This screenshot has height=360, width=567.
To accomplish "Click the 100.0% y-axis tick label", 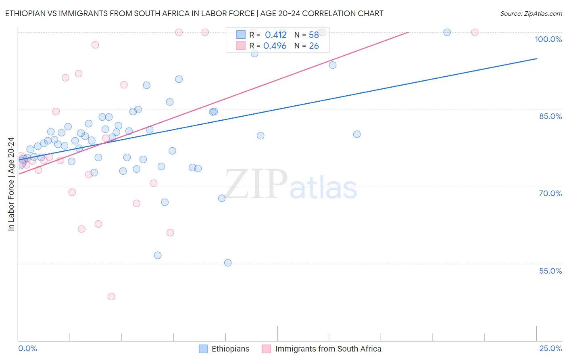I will click(x=548, y=39).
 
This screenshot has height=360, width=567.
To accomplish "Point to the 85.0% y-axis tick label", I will click(x=550, y=116).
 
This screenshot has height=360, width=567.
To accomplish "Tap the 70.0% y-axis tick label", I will click(x=550, y=193).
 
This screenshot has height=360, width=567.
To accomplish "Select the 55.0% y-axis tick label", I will click(x=550, y=271).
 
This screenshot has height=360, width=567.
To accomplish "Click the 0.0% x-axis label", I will click(x=27, y=348).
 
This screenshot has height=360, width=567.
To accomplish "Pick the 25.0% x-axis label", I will click(x=550, y=348).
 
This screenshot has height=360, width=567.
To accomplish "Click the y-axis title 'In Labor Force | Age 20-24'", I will click(x=11, y=184).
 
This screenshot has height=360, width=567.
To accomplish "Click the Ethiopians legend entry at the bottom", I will click(x=225, y=349).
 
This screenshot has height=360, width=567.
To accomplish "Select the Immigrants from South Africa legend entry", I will click(x=322, y=349).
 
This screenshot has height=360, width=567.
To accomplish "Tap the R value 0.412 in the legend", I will click(x=275, y=35).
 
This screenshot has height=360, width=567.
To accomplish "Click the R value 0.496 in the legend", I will click(x=275, y=46).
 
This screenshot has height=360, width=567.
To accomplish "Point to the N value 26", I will click(x=314, y=46).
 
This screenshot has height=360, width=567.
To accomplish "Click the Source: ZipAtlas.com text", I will click(x=531, y=14).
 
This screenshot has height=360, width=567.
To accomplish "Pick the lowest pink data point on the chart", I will click(x=111, y=297).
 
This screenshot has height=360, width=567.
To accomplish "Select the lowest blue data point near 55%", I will click(x=228, y=263).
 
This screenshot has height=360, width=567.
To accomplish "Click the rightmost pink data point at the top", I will click(x=475, y=32).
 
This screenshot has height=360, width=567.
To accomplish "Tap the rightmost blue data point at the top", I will click(x=447, y=32).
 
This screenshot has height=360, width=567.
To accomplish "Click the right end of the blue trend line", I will click(x=536, y=59).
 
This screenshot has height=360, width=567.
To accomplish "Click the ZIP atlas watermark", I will click(x=290, y=184).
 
